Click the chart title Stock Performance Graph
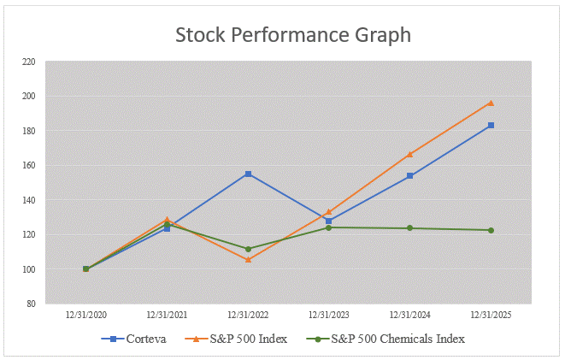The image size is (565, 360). coord(293,35)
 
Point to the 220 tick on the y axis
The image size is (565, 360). coord(29,62)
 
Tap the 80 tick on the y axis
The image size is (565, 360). coord(31,304)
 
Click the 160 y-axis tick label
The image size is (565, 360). coord(29,165)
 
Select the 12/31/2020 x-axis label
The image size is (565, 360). coord(85,315)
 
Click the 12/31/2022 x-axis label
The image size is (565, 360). coord(248,315)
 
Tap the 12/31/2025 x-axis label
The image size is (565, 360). coord(491,315)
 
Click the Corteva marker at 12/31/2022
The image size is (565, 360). coord(248,174)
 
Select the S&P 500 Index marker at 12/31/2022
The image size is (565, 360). coord(248,259)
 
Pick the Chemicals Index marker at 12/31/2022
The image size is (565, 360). coord(248,249)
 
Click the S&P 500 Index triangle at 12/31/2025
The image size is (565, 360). coord(491,103)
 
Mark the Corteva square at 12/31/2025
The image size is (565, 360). coord(491,126)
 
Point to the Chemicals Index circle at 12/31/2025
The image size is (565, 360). coord(491,230)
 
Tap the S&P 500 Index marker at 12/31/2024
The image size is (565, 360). coord(409,154)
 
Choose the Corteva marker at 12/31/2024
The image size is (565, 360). coord(409,175)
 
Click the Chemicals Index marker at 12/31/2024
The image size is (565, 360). coord(409,228)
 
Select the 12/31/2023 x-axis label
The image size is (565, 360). coord(329,315)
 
